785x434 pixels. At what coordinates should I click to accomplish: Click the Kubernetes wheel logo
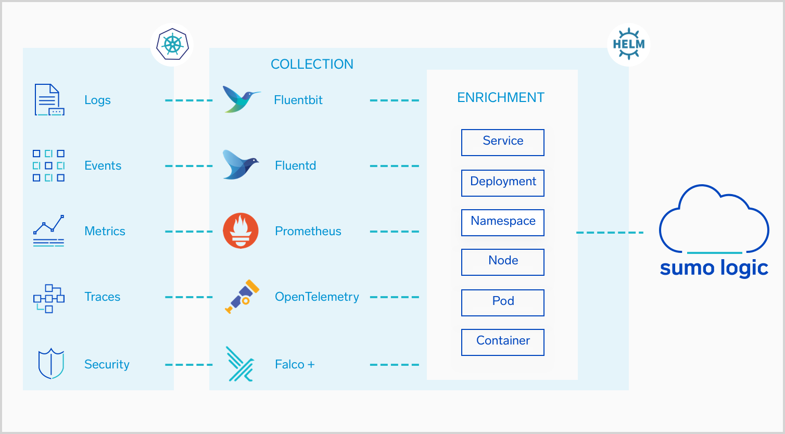point(172,44)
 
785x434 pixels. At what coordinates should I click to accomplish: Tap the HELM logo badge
point(628,44)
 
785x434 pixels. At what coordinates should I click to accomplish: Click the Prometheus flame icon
point(240,231)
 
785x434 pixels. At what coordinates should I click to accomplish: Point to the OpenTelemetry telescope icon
point(242,297)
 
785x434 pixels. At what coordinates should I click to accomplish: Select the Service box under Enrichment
point(502,142)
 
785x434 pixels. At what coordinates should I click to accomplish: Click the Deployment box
point(502,183)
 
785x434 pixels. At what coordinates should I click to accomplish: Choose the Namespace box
point(502,222)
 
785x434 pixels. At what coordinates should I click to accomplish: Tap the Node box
point(502,262)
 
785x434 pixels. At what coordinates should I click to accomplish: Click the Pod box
point(502,302)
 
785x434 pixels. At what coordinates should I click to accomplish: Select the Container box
point(502,342)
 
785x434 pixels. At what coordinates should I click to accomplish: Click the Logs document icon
point(49,99)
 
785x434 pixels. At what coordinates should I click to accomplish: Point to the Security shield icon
point(51,363)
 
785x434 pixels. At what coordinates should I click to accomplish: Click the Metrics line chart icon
point(48,231)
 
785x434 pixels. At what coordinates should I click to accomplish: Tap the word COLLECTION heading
point(312,64)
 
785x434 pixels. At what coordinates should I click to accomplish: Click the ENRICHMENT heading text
point(501,97)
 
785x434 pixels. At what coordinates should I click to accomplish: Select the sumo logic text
point(714,268)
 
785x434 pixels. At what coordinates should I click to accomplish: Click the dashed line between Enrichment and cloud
point(610,232)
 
